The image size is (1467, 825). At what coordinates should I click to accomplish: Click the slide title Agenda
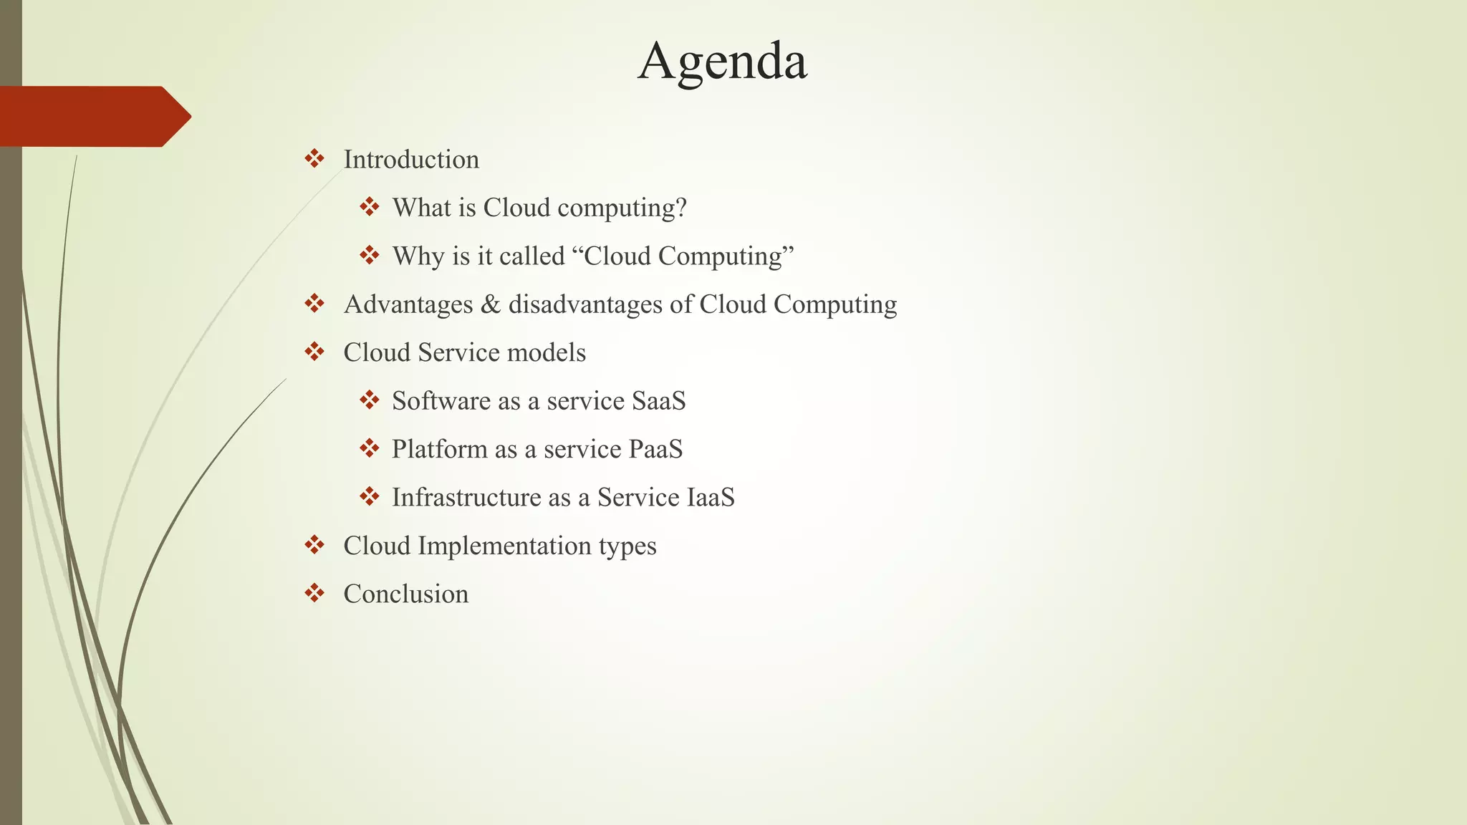[722, 62]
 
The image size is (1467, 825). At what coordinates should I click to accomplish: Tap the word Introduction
[411, 160]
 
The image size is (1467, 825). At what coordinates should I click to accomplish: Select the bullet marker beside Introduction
[314, 158]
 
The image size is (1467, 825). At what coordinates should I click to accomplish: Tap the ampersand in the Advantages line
[491, 304]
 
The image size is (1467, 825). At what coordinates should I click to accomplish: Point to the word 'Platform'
[439, 449]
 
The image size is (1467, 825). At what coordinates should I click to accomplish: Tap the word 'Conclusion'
[406, 594]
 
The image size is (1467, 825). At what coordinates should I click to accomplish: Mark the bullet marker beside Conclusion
[314, 593]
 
